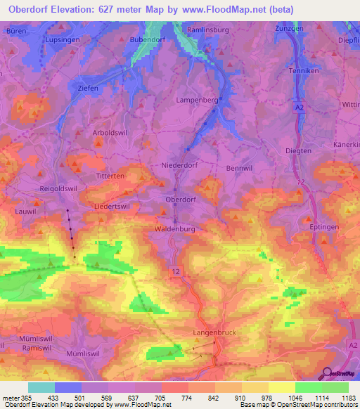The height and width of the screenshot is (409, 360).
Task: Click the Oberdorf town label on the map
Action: (x=179, y=200)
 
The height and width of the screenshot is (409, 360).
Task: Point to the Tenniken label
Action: (x=304, y=71)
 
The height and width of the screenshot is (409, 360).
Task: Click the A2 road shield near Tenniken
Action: (x=300, y=107)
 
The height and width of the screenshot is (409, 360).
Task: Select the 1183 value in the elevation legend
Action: (x=349, y=398)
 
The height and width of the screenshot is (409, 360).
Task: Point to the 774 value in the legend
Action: (x=188, y=398)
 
